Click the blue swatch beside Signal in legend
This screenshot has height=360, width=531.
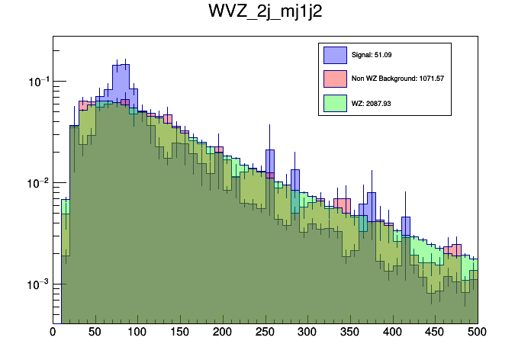pos(335,55)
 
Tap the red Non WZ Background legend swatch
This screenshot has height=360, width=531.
pos(335,78)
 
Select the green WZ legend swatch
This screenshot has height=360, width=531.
pos(335,101)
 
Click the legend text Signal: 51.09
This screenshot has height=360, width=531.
pos(372,55)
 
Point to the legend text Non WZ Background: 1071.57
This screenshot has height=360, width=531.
pos(397,78)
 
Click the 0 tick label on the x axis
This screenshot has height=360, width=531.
pos(53,332)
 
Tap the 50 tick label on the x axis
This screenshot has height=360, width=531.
pos(95,332)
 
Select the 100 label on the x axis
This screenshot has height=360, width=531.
pos(137,332)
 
